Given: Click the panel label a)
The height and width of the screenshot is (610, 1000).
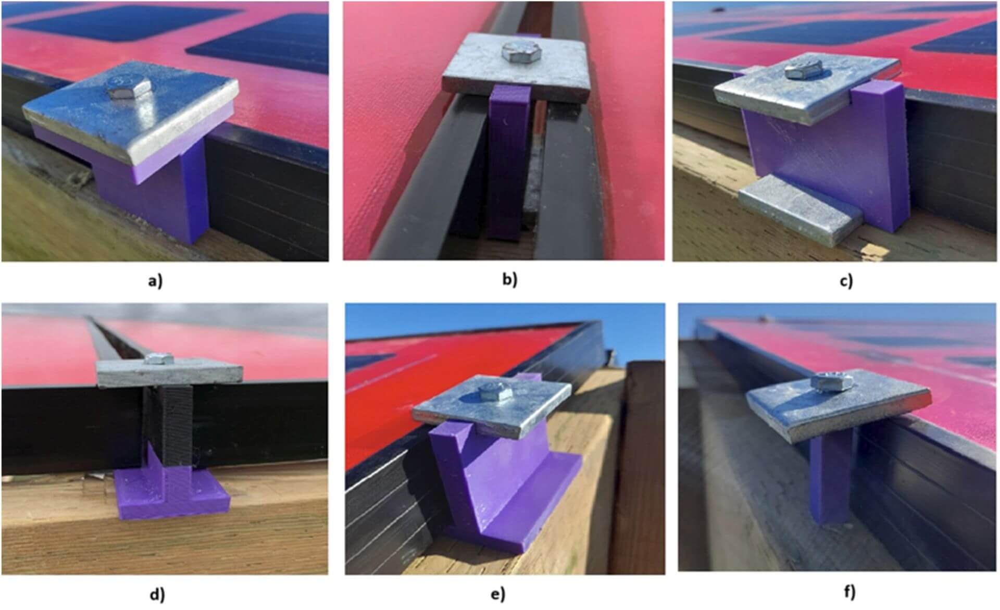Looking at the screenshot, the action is pos(156,281).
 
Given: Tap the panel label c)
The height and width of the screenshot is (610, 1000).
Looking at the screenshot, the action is pos(846,281).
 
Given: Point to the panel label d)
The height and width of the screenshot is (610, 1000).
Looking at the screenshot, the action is pos(157,594).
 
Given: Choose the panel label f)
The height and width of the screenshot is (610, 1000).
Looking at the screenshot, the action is pos(849,592).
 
